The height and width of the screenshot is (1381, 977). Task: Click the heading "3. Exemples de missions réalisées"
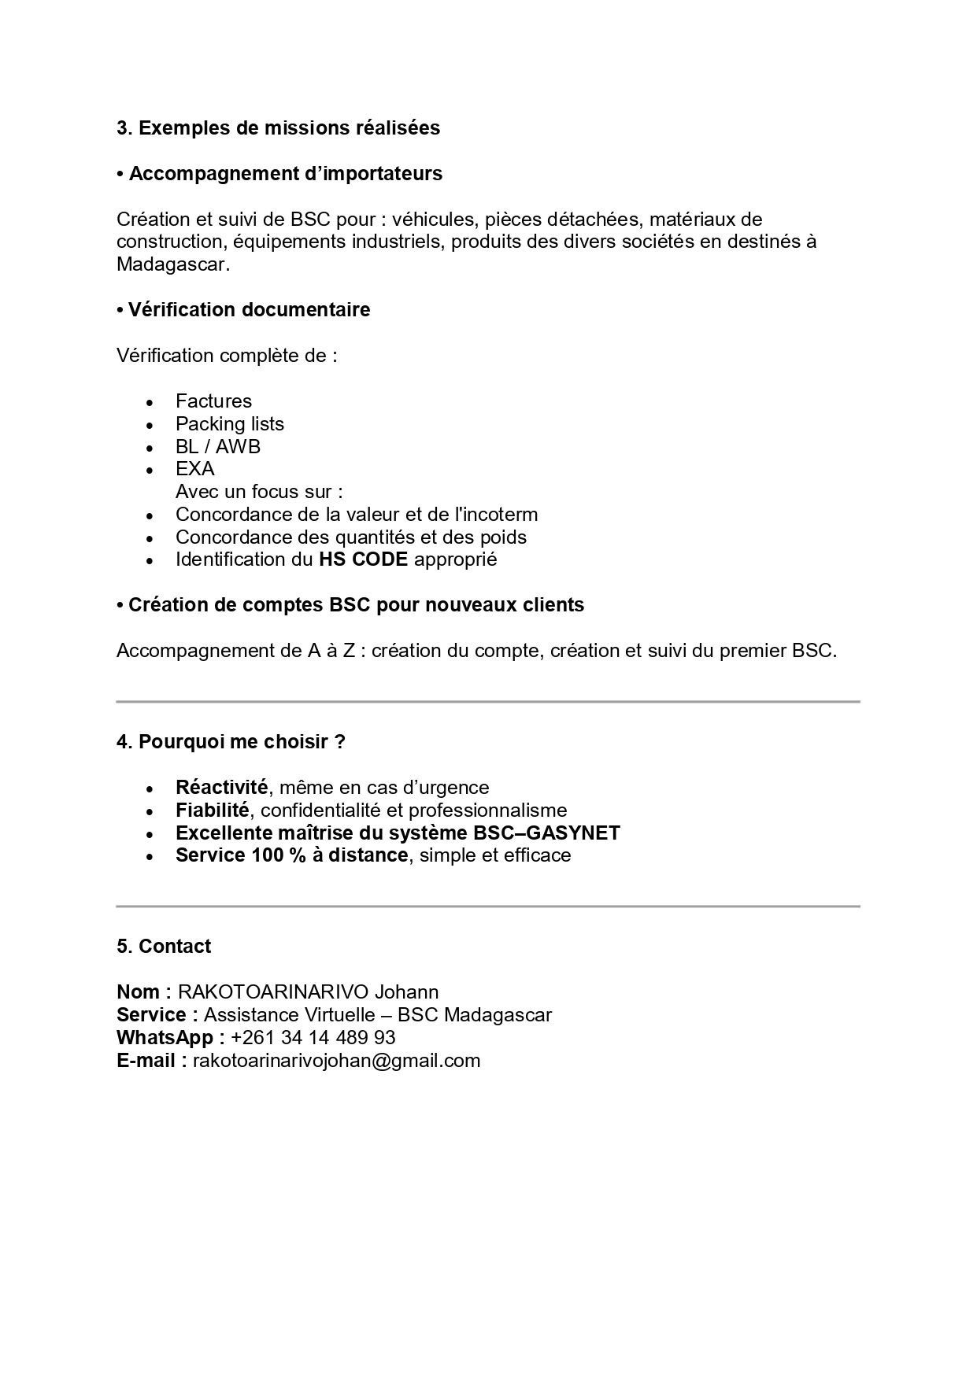point(278,127)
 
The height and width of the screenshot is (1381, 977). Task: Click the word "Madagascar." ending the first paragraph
point(173,264)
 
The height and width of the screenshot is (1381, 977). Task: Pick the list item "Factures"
point(213,401)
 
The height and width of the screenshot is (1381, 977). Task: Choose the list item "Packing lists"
point(229,424)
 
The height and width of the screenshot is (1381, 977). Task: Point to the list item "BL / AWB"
point(217,447)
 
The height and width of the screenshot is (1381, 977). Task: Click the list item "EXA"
point(194,469)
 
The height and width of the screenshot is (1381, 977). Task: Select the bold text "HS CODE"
point(363,559)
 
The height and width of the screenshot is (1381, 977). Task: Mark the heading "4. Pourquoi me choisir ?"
point(231,742)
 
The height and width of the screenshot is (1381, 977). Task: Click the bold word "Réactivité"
point(221,788)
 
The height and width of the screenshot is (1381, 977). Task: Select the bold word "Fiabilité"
point(212,811)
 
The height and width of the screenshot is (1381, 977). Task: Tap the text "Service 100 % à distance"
point(291,855)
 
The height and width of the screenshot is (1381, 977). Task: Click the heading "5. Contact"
point(164,947)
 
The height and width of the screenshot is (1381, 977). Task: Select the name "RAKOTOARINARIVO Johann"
point(308,992)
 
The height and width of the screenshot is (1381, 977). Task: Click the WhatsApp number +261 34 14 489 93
point(313,1038)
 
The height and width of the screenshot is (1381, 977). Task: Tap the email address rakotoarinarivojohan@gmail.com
point(336,1061)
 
